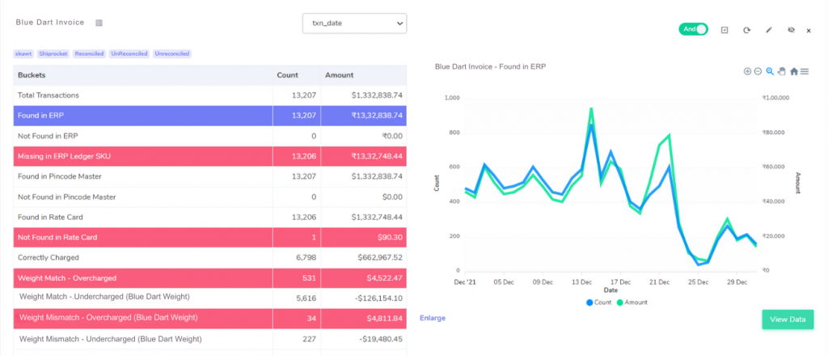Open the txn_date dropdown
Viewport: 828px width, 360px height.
354,23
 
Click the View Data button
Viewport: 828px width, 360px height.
788,320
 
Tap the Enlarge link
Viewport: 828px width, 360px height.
433,318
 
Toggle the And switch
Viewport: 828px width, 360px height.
693,30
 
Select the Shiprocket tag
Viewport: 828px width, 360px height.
53,53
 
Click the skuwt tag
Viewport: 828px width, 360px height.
24,53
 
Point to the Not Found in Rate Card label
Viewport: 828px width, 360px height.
57,237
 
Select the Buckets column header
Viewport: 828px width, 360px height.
32,75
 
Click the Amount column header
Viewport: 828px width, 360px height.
340,75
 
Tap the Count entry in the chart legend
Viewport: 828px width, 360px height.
599,303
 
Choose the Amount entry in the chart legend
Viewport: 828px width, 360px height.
632,303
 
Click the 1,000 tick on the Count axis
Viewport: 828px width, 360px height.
453,98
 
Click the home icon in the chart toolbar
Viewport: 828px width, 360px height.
794,71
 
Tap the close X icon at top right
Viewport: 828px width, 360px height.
809,31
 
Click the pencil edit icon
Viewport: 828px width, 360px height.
769,30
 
